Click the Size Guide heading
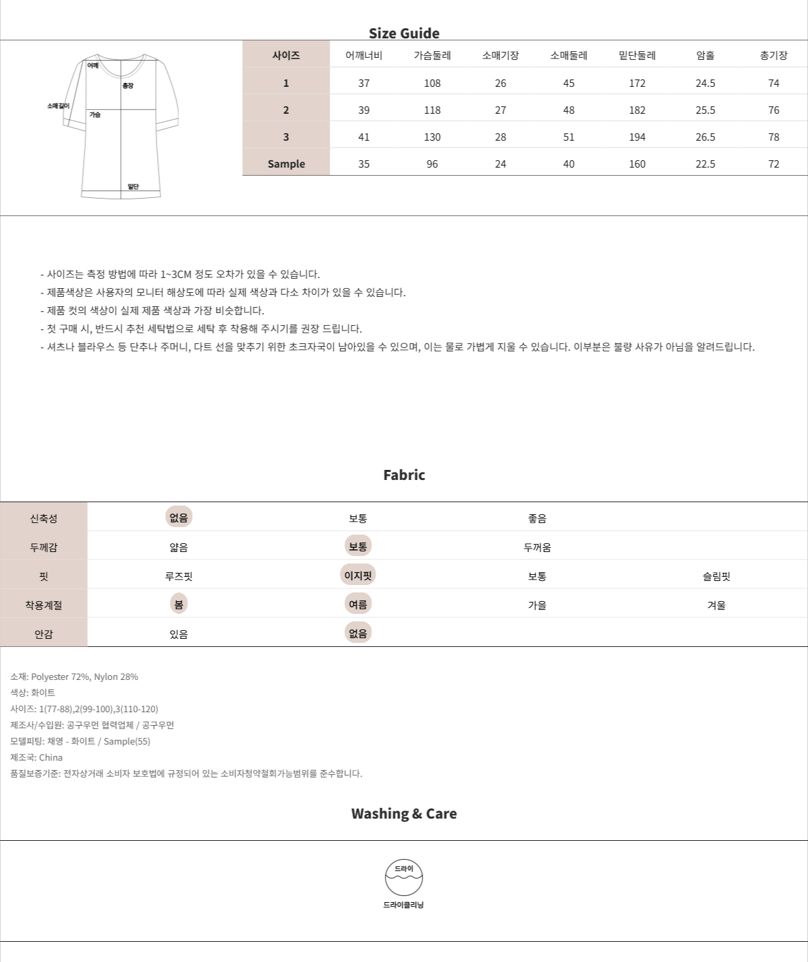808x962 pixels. pos(404,33)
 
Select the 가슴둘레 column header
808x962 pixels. pos(432,55)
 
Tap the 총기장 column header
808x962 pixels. pos(773,55)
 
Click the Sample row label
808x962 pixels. pos(286,164)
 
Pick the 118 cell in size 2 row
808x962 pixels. pos(432,110)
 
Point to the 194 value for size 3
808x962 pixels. pos(637,137)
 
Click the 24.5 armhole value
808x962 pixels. pos(705,83)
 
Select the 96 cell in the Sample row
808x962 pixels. pos(432,164)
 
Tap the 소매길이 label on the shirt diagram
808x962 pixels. pos(58,106)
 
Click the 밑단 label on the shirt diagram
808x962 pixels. pos(133,186)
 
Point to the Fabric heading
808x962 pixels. pos(404,475)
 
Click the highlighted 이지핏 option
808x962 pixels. pos(358,575)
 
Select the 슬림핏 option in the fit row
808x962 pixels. pos(716,576)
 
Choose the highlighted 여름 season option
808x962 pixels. pos(358,604)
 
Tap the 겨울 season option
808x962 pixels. pos(716,605)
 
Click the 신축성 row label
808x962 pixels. pos(44,518)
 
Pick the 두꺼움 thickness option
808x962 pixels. pos(537,547)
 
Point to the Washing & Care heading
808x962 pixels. pos(404,813)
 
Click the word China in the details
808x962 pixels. pos(51,757)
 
